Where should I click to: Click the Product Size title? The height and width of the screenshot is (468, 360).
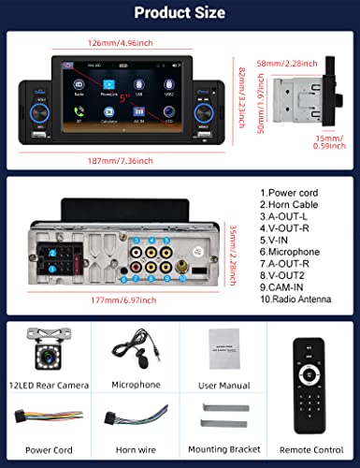(180, 13)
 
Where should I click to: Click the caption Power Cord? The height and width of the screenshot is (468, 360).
(43, 450)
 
